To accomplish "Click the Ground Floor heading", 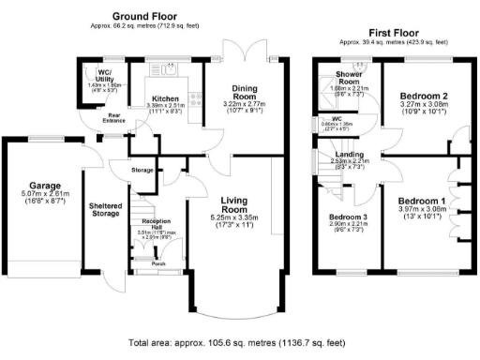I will (144, 17).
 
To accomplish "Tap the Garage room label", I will (43, 186).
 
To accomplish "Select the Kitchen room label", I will (166, 97).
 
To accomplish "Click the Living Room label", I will (241, 204).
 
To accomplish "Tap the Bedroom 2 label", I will (420, 97).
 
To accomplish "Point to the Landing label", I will (351, 153).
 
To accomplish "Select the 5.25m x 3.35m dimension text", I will (241, 217).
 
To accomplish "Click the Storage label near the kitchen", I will (142, 170).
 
